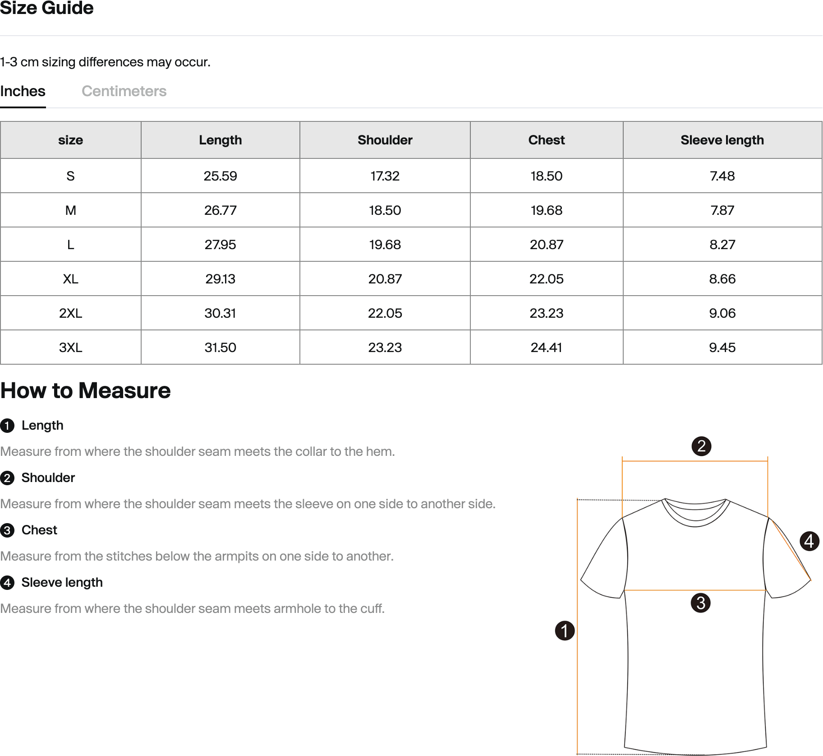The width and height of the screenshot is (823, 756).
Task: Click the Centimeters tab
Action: point(124,91)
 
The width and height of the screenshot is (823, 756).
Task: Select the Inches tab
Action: point(23,91)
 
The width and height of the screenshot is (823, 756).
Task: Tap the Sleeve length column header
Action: point(722,140)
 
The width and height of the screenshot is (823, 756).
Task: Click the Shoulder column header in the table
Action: point(385,140)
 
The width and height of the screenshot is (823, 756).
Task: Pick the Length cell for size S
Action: point(220,176)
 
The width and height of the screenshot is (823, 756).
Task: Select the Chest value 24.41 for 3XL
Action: point(546,348)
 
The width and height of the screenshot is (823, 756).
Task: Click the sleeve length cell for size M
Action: point(722,210)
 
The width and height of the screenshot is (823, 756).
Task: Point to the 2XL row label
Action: point(70,313)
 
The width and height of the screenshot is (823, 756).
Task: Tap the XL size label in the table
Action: point(70,279)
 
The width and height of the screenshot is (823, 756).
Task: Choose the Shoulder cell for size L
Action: point(385,245)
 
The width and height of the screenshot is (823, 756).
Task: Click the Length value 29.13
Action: point(220,279)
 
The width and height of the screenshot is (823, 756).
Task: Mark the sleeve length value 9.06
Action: point(722,313)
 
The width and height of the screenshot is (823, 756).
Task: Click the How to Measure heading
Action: point(86,390)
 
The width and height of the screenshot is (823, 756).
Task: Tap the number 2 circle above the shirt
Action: point(701,446)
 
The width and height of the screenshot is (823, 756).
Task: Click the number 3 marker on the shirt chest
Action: point(700,603)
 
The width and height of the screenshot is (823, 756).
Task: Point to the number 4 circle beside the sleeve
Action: point(809,541)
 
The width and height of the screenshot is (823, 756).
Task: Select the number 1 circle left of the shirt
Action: point(565,631)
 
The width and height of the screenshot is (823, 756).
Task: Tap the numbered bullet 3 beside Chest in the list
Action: point(7,530)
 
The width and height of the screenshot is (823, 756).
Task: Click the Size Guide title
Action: point(47,8)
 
